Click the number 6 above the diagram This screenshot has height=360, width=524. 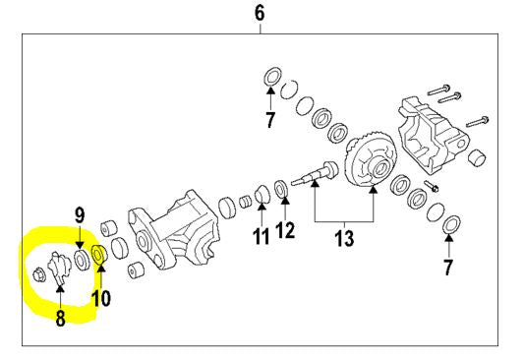260,14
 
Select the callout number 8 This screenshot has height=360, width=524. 60,318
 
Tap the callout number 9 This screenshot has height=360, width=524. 80,216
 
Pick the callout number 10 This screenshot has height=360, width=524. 101,298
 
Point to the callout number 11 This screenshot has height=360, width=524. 261,237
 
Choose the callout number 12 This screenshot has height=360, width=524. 285,230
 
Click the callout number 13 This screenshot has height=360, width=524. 344,238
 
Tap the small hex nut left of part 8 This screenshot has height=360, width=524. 37,275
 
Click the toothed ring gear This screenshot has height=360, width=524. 371,158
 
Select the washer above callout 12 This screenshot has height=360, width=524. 282,188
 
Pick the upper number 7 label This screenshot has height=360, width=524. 270,120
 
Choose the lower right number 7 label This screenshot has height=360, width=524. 448,268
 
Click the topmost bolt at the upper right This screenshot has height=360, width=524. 438,90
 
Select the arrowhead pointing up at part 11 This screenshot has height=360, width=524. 262,207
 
